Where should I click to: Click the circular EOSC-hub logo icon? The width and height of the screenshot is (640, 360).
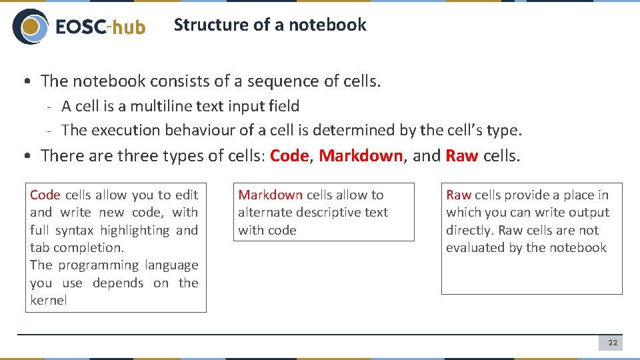tap(30, 26)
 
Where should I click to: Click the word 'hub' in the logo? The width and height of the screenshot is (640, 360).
tap(128, 27)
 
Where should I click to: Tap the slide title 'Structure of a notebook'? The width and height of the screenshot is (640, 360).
tap(269, 25)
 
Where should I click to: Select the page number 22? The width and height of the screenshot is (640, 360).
tap(613, 343)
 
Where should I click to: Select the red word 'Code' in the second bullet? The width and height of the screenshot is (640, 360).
tap(289, 156)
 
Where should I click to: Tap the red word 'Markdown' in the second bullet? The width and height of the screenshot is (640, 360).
tap(361, 156)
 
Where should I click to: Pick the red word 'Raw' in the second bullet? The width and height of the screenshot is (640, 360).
tap(461, 156)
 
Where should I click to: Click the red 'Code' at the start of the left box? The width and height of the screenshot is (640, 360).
tap(45, 195)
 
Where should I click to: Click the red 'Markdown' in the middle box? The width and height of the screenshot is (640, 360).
tap(270, 195)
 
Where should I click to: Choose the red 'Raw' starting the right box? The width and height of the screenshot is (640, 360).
tap(459, 195)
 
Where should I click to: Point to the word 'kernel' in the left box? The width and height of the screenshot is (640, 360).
tap(49, 300)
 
